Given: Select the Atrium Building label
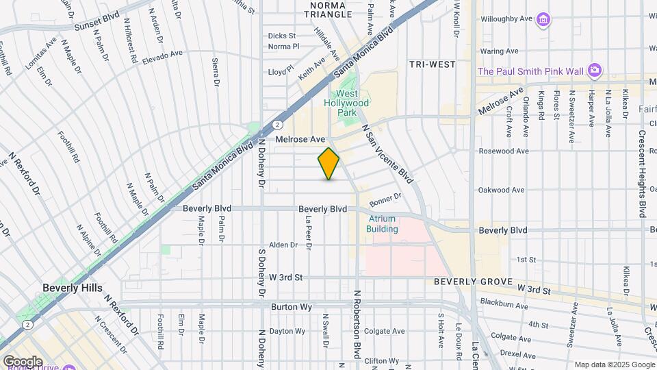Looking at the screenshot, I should (383, 224).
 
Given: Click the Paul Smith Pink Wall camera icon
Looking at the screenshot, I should (595, 70).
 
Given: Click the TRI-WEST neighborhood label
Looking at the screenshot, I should (432, 64).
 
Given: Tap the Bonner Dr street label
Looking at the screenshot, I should (385, 200).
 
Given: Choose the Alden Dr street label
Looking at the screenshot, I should (283, 245).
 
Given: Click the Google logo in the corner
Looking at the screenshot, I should (23, 361).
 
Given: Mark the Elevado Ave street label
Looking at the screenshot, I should (162, 56).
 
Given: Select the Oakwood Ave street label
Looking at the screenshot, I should (501, 190).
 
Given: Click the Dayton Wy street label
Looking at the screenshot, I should (287, 332).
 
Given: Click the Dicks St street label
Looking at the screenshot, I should (281, 36).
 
